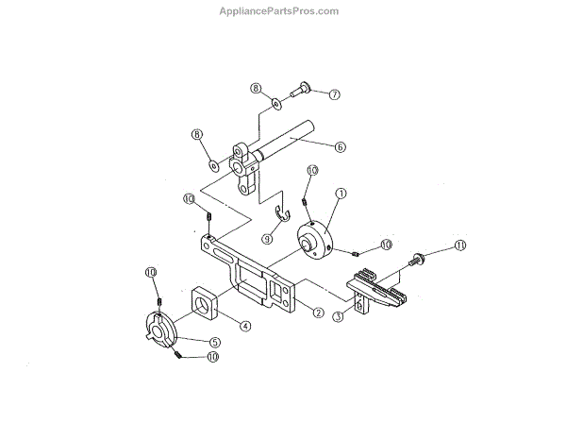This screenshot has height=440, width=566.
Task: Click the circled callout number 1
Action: [341, 192]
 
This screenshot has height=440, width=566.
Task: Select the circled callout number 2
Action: [318, 313]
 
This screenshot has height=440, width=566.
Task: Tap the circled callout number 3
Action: [338, 319]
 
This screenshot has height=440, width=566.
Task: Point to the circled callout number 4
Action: [244, 326]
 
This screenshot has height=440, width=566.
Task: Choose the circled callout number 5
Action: [214, 342]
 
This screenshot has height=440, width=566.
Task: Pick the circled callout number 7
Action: [334, 94]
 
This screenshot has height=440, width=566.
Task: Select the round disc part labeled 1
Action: [315, 238]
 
